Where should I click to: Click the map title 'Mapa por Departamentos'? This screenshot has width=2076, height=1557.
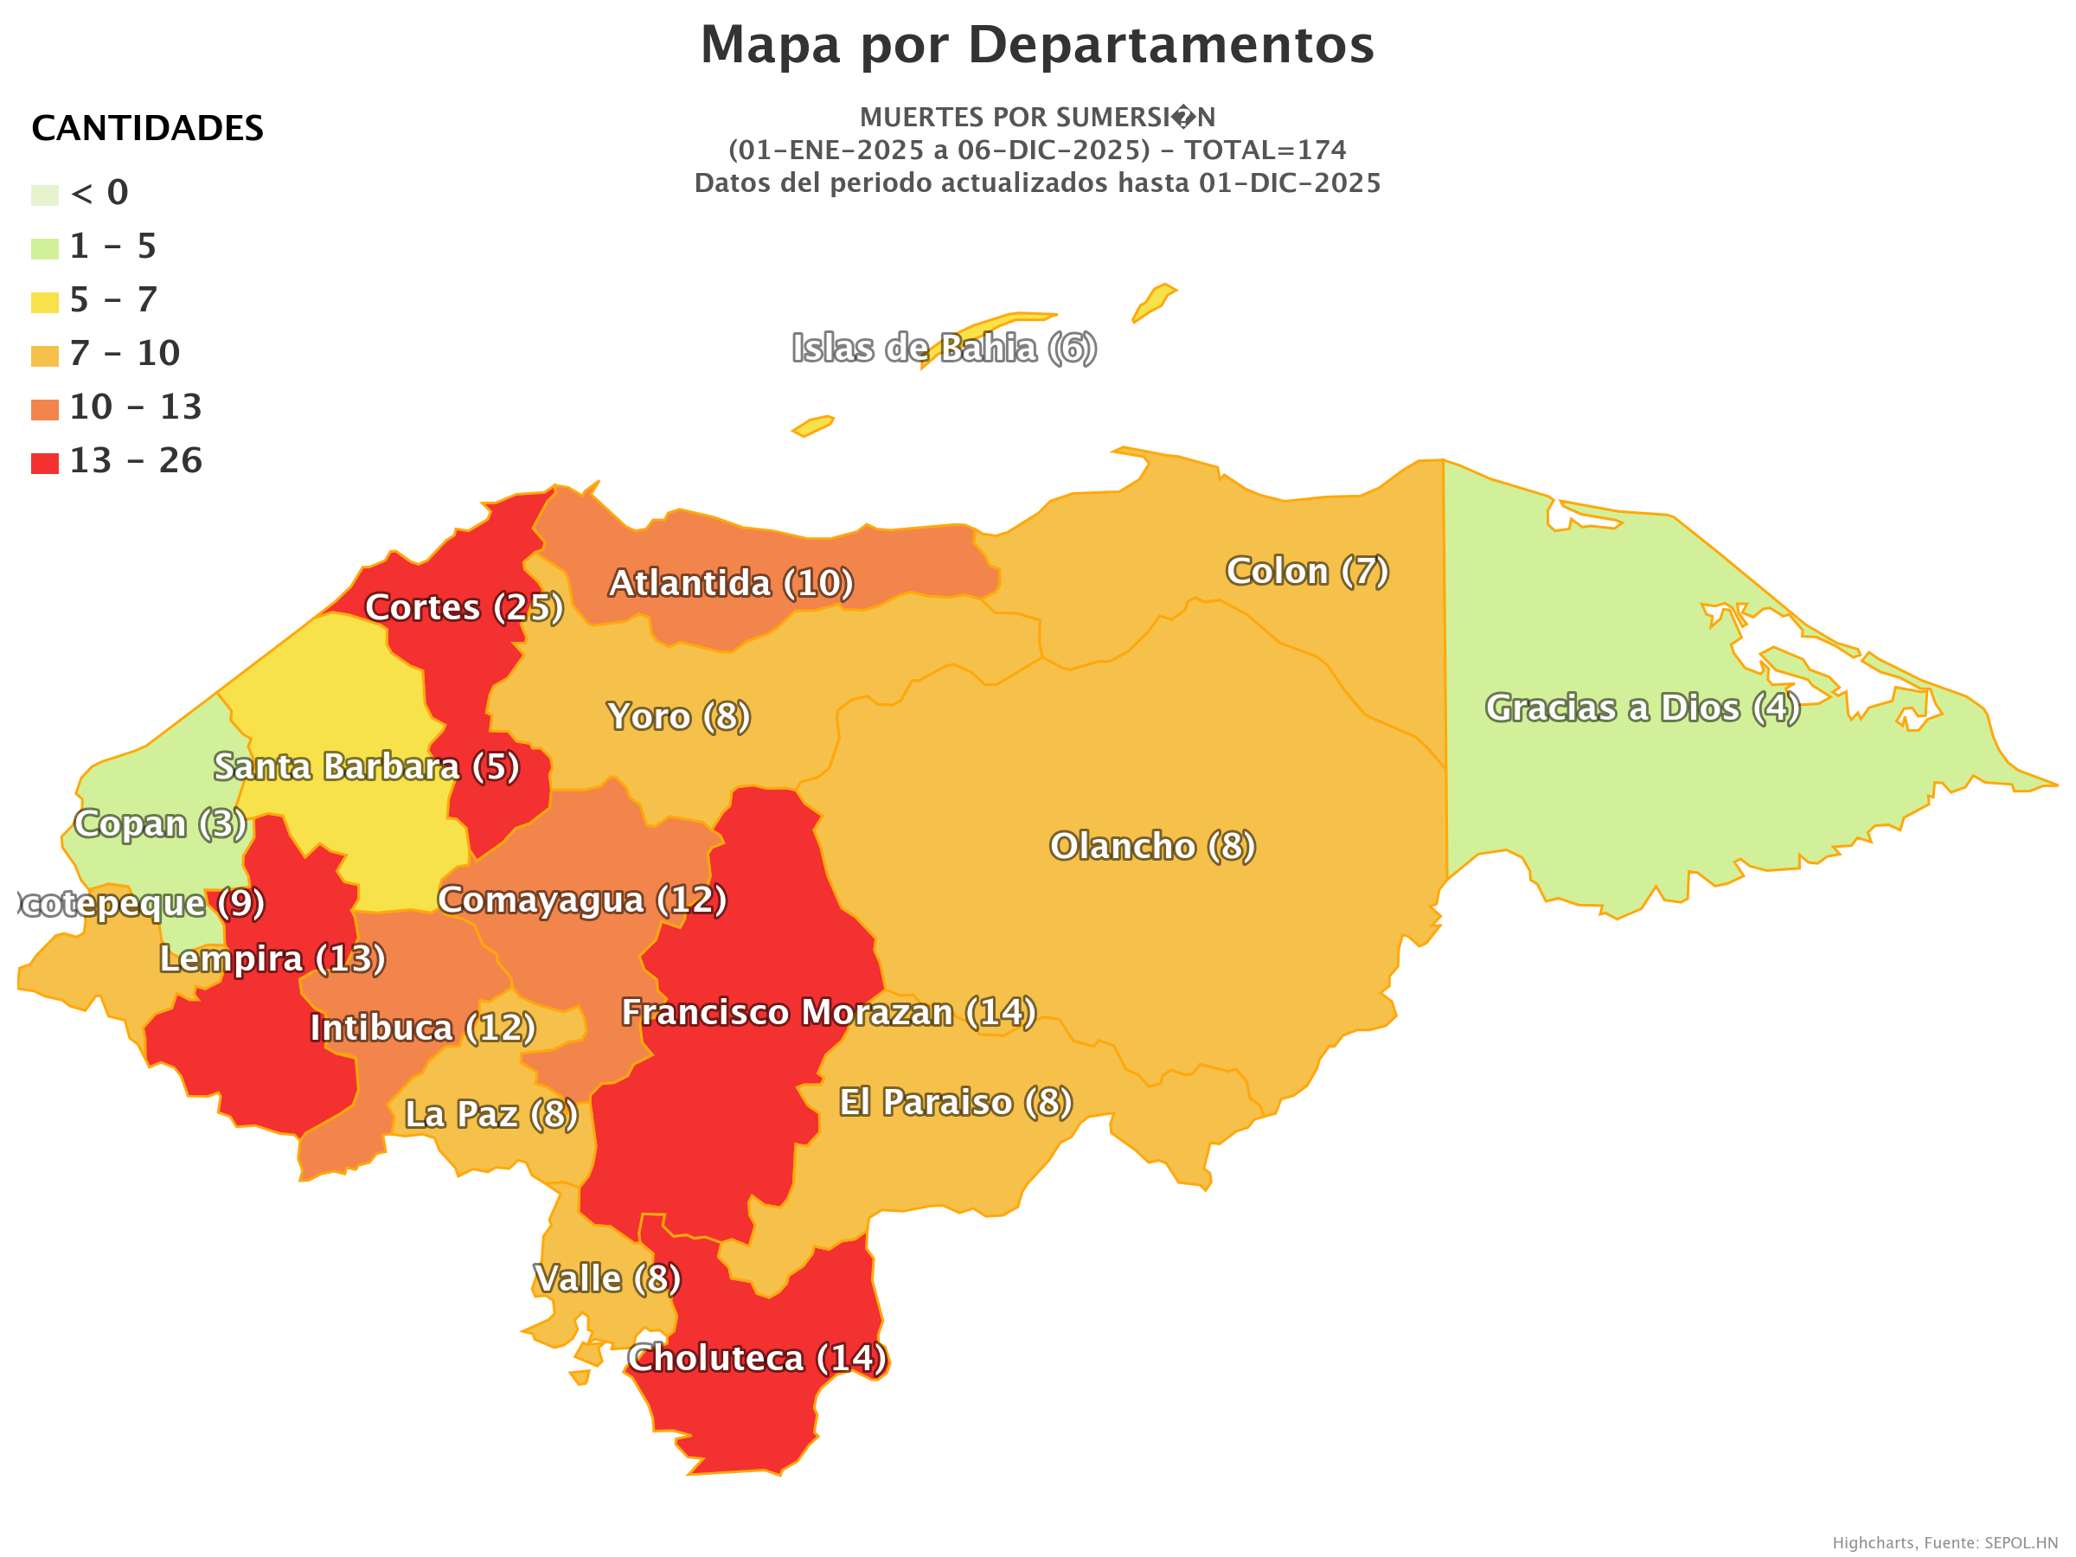click(1037, 44)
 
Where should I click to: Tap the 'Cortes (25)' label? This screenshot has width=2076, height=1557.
click(464, 607)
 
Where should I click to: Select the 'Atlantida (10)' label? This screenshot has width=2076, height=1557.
click(731, 583)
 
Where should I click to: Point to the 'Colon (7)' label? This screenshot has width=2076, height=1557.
click(1307, 571)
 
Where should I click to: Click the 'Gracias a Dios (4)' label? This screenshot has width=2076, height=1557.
click(1643, 708)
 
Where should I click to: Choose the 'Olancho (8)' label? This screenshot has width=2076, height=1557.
click(1152, 846)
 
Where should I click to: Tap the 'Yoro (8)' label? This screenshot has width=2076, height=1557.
click(678, 716)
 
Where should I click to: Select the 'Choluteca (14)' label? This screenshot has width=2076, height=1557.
click(758, 1358)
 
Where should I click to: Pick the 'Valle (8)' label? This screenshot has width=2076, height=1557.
click(607, 1278)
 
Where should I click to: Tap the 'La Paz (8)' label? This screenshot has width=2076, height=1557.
click(490, 1114)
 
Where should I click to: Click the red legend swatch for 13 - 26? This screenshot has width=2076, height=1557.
click(44, 464)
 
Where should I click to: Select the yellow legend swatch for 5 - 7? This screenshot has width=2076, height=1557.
click(44, 302)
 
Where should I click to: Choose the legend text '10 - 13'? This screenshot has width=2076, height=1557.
click(135, 407)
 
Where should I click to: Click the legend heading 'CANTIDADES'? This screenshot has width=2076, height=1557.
click(147, 128)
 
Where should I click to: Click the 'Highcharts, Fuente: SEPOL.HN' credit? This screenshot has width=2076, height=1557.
click(1945, 1543)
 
